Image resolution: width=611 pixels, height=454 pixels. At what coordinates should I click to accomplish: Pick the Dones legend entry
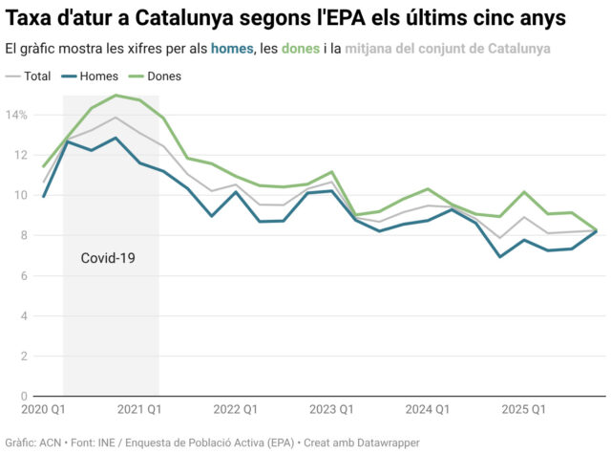pyautogui.click(x=163, y=76)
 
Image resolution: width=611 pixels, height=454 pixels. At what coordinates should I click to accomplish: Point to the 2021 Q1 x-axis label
pyautogui.click(x=139, y=409)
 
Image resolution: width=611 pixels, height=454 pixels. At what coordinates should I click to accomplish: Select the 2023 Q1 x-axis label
pyautogui.click(x=331, y=409)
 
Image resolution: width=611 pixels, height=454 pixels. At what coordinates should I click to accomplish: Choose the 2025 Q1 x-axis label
pyautogui.click(x=523, y=409)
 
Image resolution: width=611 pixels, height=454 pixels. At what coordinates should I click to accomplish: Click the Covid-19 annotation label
pyautogui.click(x=107, y=258)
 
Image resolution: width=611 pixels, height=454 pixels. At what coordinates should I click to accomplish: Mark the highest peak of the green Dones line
pyautogui.click(x=116, y=95)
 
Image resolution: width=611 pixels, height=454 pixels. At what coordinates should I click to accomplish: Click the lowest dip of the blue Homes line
pyautogui.click(x=499, y=256)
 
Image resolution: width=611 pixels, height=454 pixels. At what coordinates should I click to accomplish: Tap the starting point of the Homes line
pyautogui.click(x=44, y=196)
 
